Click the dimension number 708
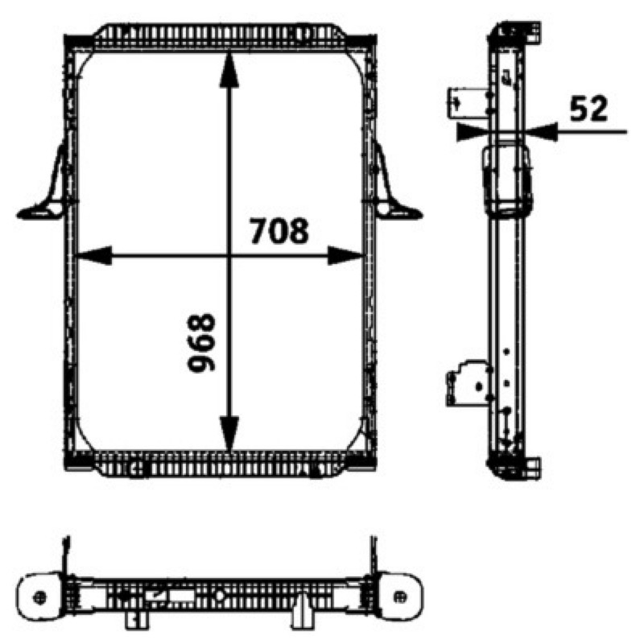click(279, 230)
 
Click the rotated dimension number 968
click(201, 343)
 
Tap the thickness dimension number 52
click(588, 109)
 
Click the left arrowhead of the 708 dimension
click(94, 255)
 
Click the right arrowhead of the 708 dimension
click(345, 255)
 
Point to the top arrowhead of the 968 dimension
click(229, 71)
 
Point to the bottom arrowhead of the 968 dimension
click(229, 433)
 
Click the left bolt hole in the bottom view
click(39, 597)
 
